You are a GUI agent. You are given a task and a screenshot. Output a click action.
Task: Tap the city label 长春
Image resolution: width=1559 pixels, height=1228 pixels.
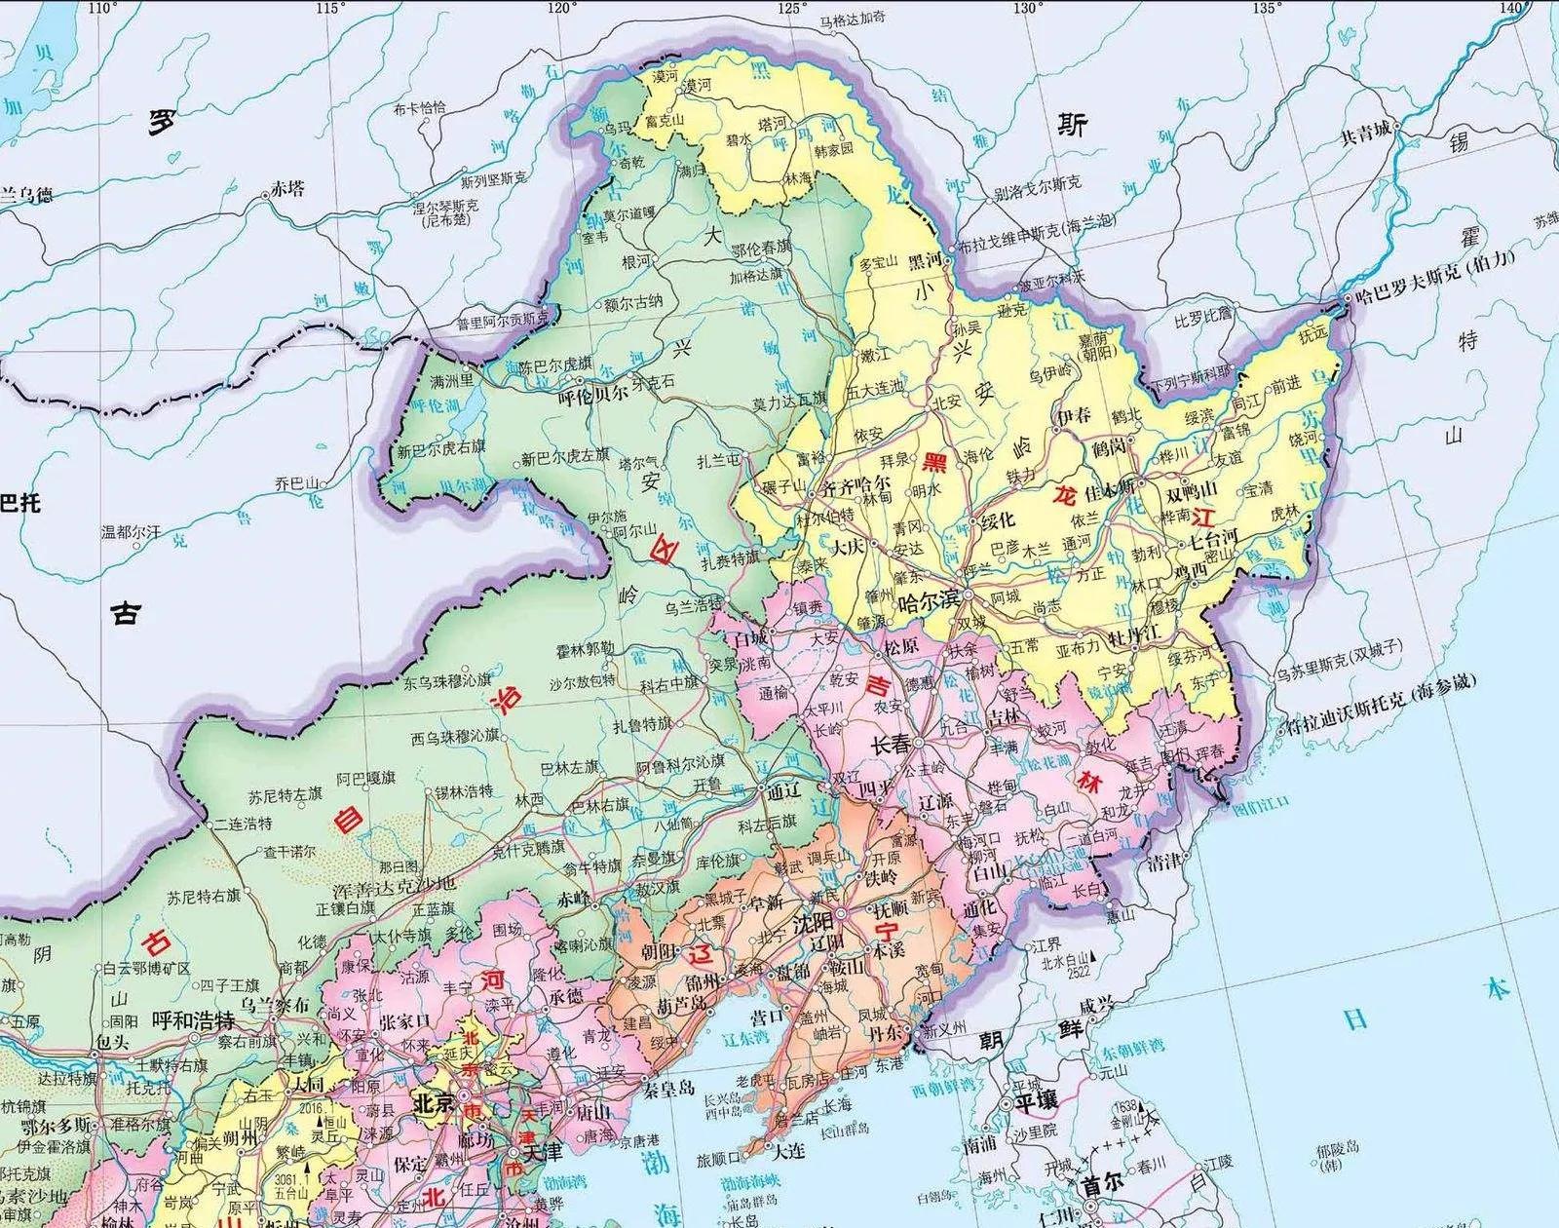pyautogui.click(x=889, y=745)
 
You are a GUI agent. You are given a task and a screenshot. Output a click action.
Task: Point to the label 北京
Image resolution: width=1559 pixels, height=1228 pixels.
pyautogui.click(x=434, y=1102)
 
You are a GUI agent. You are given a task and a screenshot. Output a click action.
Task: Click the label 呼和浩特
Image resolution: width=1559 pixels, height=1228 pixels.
pyautogui.click(x=195, y=1020)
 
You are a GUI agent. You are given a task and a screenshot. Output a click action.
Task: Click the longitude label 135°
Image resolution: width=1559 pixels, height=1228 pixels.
pyautogui.click(x=1265, y=8)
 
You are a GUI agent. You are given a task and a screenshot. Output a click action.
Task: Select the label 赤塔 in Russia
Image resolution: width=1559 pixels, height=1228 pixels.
pyautogui.click(x=287, y=188)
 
